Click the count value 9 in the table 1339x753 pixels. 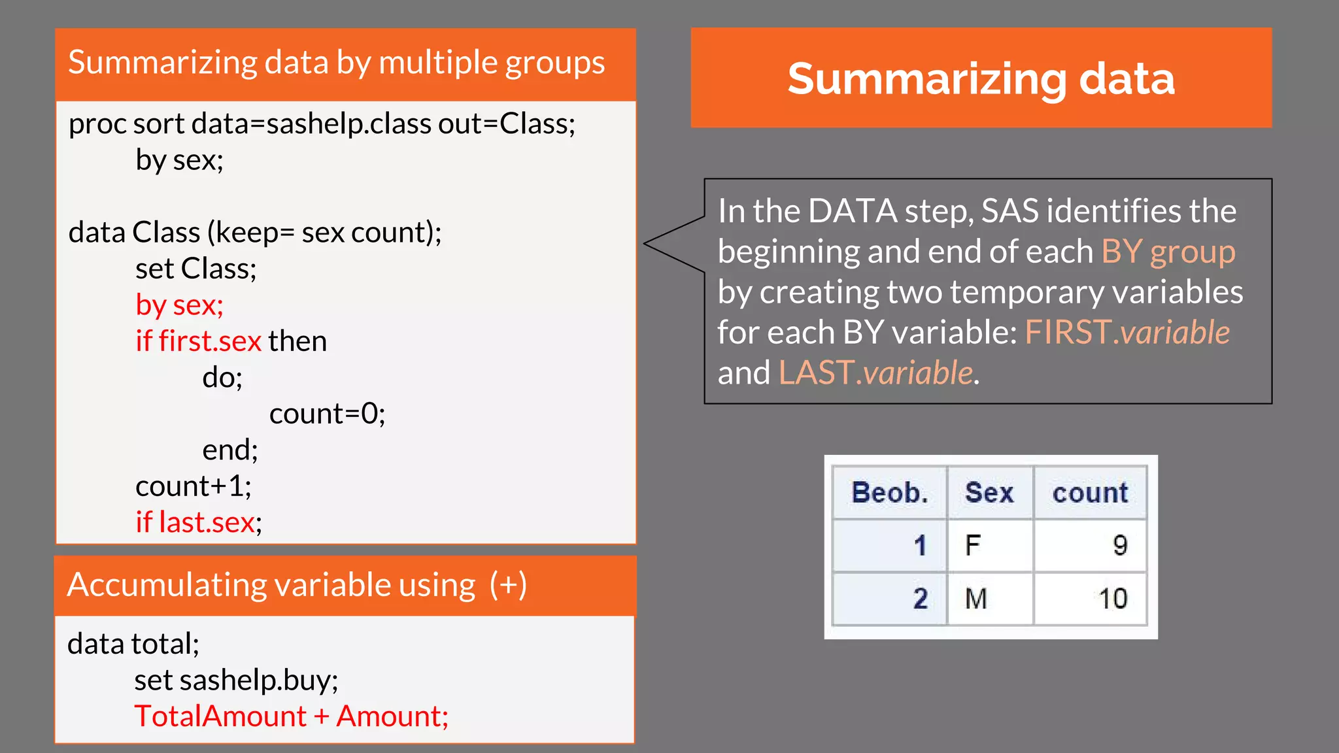[1119, 545]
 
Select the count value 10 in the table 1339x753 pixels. [1112, 599]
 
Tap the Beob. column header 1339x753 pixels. [889, 493]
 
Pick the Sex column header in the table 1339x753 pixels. [989, 493]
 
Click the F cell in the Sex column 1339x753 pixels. [973, 545]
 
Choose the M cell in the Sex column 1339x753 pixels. [975, 599]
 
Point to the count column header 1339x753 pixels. [1090, 493]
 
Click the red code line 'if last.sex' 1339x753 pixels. [195, 522]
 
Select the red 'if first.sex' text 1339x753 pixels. [198, 341]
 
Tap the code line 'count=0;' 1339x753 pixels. [327, 414]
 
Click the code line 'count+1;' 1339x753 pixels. [193, 486]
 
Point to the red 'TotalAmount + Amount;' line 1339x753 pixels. [291, 716]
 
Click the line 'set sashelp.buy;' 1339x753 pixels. [236, 680]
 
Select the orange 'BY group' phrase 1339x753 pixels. [1168, 252]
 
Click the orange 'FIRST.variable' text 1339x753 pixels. [1127, 333]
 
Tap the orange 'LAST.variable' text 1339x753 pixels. [875, 373]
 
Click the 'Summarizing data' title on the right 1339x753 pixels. [981, 78]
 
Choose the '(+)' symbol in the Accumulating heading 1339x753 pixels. [508, 584]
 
